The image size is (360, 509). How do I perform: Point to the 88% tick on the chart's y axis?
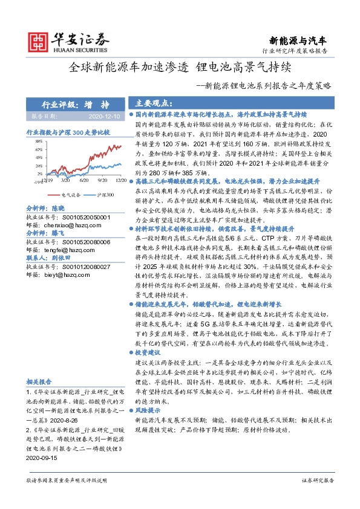(x=38, y=141)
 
